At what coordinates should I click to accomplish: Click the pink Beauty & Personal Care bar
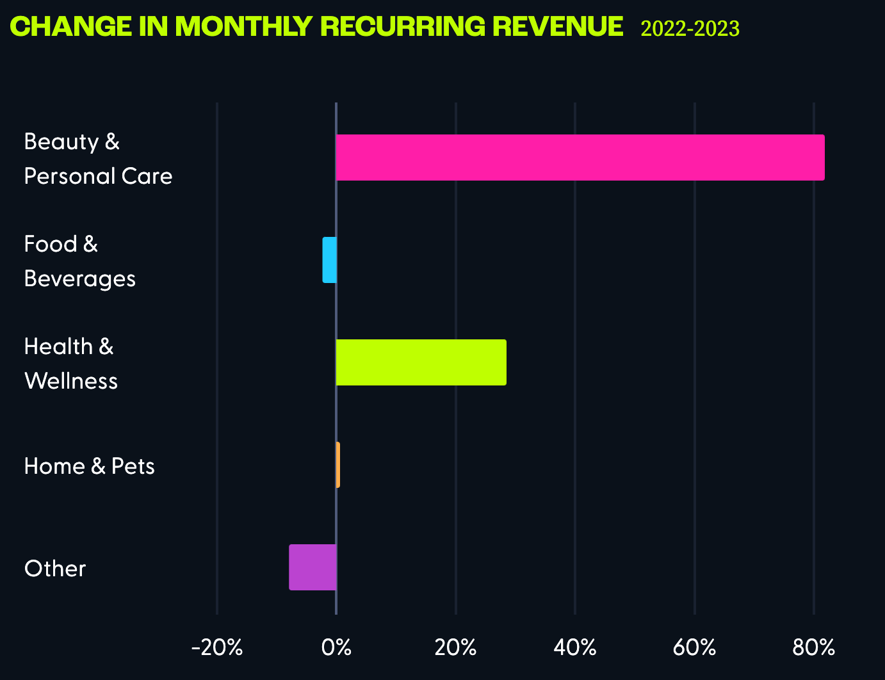point(580,158)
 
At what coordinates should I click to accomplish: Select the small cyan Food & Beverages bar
point(329,260)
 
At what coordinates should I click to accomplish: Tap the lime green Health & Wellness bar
point(421,362)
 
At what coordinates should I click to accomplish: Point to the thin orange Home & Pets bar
point(337,465)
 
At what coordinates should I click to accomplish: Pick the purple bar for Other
point(313,567)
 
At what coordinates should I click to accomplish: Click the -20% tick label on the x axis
point(217,648)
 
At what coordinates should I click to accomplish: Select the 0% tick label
point(336,648)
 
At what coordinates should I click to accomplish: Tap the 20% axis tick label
point(455,648)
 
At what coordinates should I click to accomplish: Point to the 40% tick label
point(575,648)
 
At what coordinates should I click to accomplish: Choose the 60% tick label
point(694,648)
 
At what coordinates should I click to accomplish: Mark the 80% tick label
point(813,648)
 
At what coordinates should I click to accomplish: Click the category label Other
point(55,569)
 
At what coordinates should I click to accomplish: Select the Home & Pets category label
point(90,466)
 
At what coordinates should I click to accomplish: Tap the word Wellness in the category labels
point(71,381)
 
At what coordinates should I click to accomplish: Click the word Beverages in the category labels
point(80,279)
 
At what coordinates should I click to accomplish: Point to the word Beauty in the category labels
point(61,142)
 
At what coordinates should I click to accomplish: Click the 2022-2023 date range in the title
point(690,29)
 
